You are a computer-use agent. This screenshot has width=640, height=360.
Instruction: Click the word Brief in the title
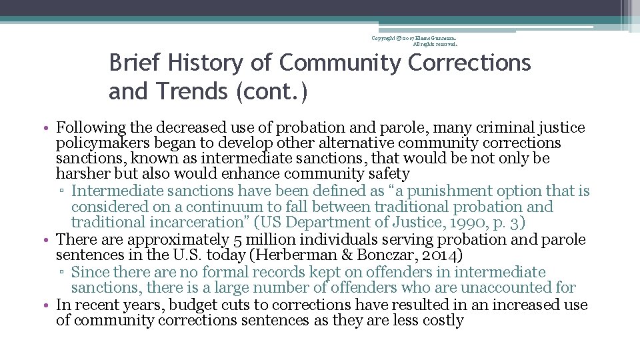point(135,63)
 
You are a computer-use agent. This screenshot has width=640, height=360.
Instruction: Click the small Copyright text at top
point(389,38)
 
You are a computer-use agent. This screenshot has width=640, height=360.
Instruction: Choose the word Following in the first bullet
point(90,127)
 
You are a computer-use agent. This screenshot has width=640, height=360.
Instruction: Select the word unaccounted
point(517,288)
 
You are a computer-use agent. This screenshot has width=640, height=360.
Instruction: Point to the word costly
point(443,321)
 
